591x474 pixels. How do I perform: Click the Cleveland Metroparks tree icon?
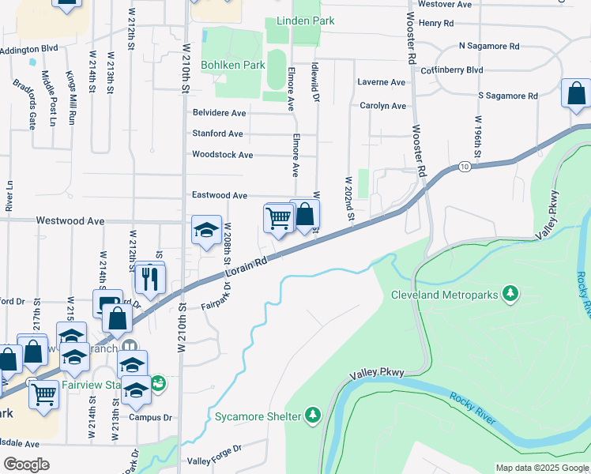point(511,295)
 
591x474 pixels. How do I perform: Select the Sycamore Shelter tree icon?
point(313,416)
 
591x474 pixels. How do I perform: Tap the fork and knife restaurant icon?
point(149,277)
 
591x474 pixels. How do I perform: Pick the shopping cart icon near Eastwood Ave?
point(278,217)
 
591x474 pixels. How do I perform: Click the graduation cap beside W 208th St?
point(206,230)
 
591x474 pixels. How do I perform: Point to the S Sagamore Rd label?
point(507,96)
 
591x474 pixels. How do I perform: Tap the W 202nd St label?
point(348,197)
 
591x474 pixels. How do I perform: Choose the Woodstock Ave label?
point(223,155)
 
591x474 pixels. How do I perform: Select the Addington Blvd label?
point(29,49)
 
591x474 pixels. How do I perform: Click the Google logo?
point(27,465)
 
